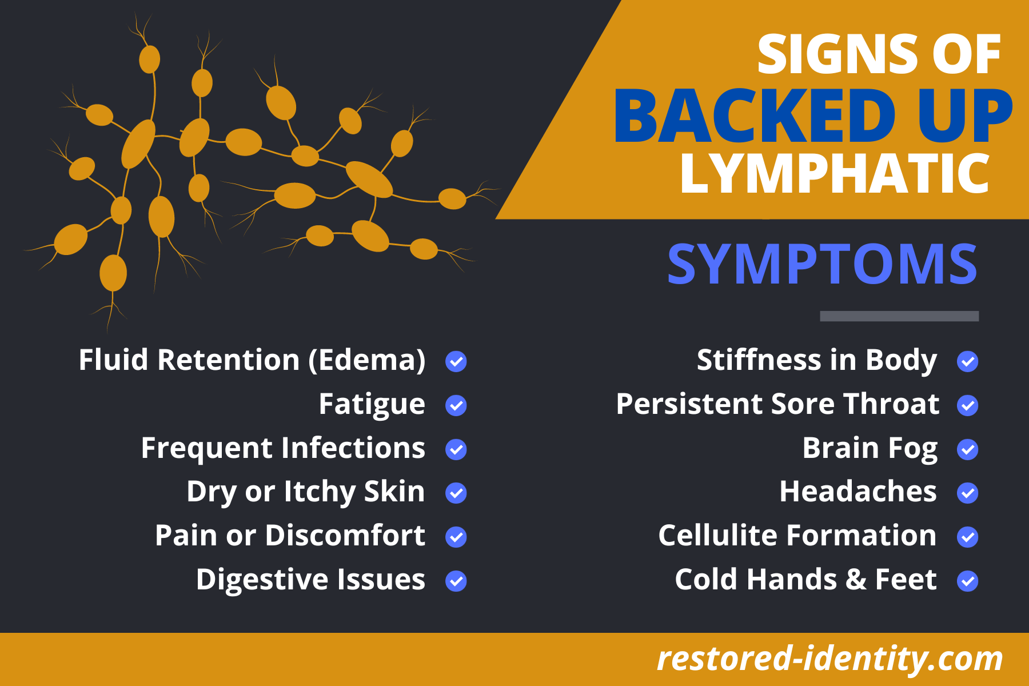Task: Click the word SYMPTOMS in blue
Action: coord(823,264)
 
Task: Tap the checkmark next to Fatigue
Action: coord(456,405)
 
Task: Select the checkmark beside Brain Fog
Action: coord(968,449)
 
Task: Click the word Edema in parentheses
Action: coord(367,361)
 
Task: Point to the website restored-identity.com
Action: coord(830,659)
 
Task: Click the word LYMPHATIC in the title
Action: coord(835,173)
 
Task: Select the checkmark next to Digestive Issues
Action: coord(456,581)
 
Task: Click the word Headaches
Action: coord(858,492)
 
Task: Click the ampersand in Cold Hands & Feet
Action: coord(856,580)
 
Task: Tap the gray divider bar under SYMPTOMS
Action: coord(899,316)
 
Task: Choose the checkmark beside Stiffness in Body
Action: coord(968,361)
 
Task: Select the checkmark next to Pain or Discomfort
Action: coord(456,537)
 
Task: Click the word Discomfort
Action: coord(345,536)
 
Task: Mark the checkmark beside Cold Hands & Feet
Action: coord(968,581)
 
